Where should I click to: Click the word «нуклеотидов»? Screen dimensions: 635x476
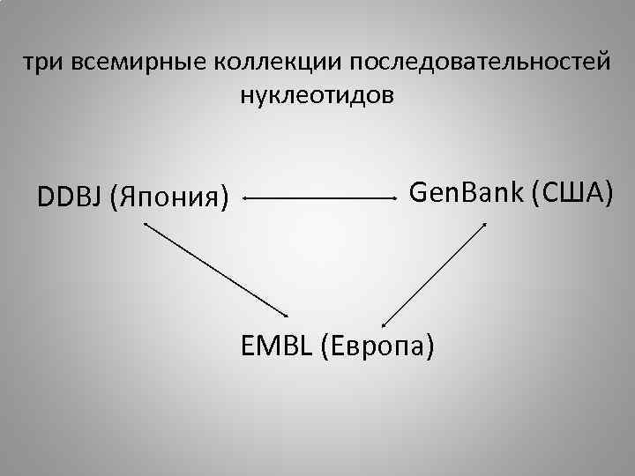click(x=317, y=93)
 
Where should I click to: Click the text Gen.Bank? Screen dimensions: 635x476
click(x=467, y=189)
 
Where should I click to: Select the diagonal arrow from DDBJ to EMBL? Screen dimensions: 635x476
click(x=217, y=269)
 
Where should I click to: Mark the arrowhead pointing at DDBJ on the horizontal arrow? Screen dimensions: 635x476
click(x=246, y=199)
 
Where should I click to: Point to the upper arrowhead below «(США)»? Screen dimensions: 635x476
click(x=483, y=225)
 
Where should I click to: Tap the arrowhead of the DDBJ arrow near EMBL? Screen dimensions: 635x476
click(x=287, y=316)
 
